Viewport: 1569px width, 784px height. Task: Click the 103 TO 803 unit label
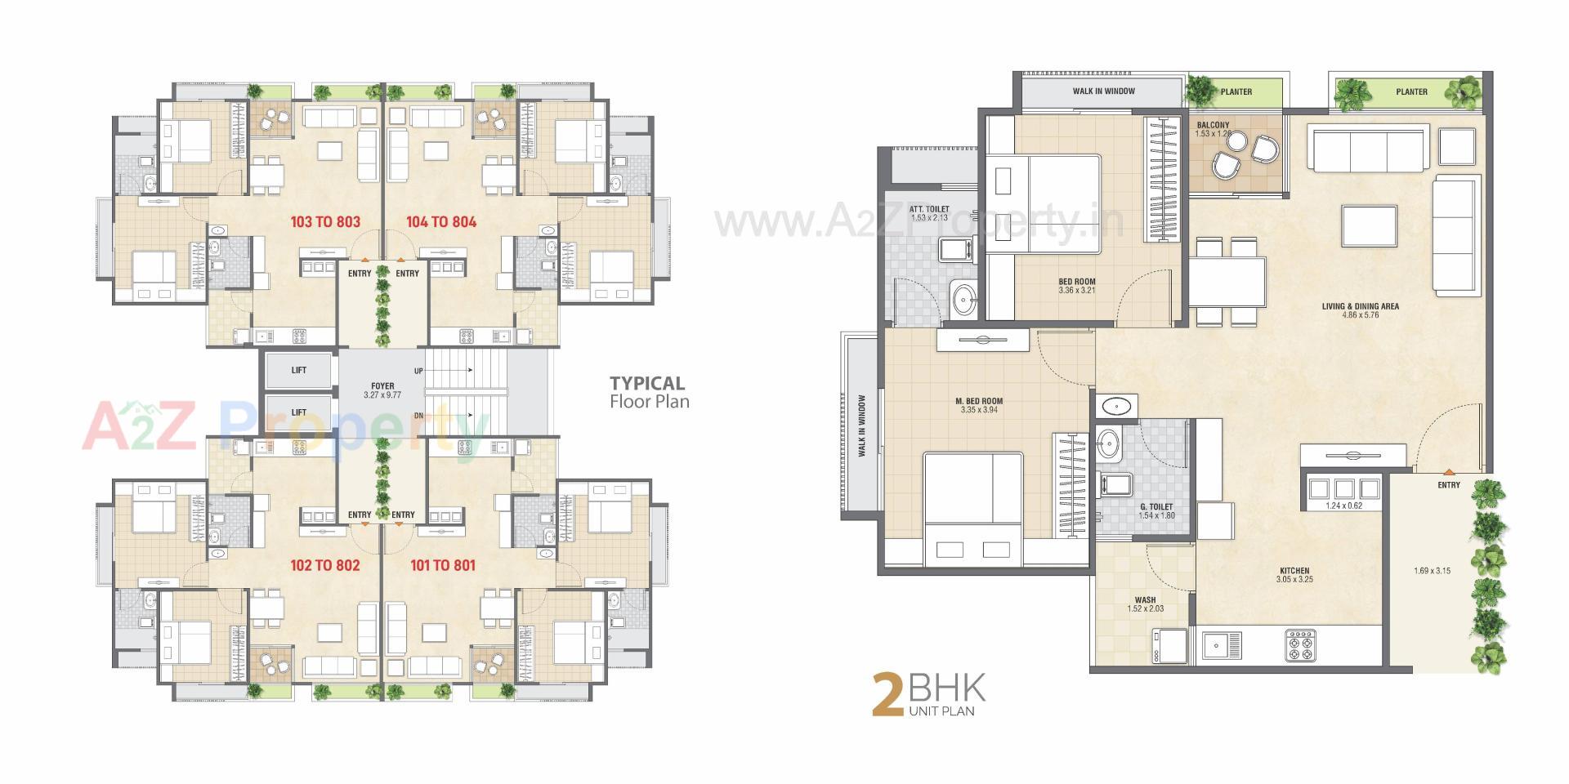[x=325, y=222]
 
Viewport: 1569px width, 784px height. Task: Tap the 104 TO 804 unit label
[x=440, y=222]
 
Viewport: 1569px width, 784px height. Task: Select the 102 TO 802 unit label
[x=325, y=565]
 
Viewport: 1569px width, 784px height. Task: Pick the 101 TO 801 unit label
[x=442, y=565]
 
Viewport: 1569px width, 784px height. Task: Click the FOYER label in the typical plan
[x=382, y=386]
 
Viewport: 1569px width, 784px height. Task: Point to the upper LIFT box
[x=299, y=370]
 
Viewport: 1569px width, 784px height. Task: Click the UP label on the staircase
[x=418, y=371]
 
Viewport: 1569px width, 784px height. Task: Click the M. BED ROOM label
[x=979, y=401]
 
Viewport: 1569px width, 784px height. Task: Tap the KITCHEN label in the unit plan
[x=1294, y=571]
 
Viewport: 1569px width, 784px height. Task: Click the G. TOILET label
[x=1156, y=507]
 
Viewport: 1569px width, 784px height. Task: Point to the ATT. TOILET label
[x=929, y=210]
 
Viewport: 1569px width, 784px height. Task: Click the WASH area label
[x=1145, y=600]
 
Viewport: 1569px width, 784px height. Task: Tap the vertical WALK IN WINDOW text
[x=862, y=425]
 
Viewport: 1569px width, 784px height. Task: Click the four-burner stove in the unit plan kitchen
[x=1299, y=644]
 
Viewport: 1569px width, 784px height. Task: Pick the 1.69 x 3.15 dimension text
[x=1432, y=571]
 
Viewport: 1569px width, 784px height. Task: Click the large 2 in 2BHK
[x=887, y=695]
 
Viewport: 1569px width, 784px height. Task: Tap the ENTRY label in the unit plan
[x=1449, y=485]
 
